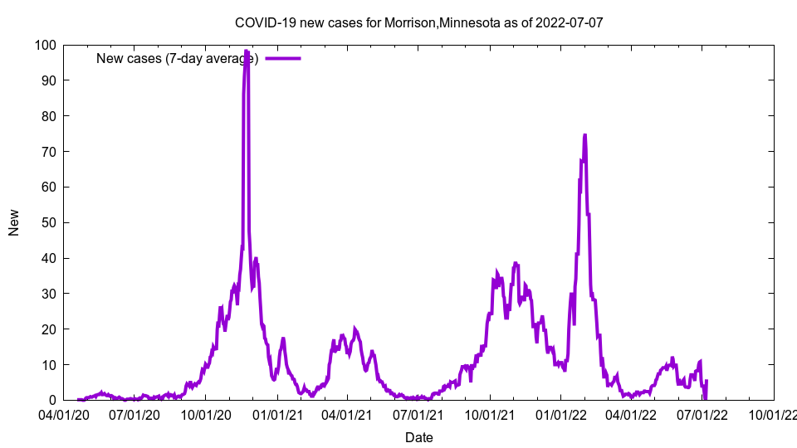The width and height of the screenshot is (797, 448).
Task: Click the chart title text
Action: point(418,22)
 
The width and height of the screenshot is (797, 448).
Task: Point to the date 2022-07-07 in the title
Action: point(570,22)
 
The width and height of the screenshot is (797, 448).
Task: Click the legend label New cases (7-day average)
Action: point(177,58)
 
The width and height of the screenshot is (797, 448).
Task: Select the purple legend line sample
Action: point(283,58)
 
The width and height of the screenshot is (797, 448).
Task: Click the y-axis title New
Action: point(14,222)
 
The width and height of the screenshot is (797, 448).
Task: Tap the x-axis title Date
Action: point(418,437)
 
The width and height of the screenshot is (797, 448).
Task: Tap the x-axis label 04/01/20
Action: point(63,415)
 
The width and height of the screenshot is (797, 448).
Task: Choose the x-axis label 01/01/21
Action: point(276,415)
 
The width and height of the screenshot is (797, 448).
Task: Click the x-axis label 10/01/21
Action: point(490,415)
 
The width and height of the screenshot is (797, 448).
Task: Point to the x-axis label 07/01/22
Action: point(703,415)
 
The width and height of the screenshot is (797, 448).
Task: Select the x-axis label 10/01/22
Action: point(774,415)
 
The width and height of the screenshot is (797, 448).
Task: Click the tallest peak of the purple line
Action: point(247,51)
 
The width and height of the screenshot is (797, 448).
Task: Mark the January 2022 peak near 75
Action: point(585,134)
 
